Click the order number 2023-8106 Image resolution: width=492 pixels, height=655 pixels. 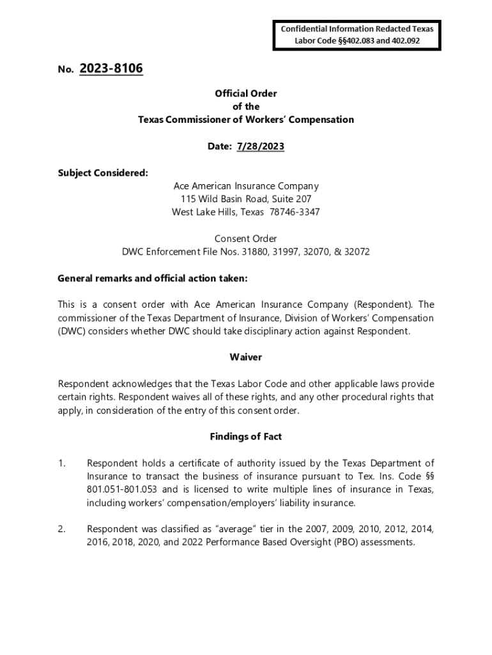point(111,68)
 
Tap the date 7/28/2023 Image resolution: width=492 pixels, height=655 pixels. point(260,146)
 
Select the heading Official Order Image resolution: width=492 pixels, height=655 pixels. point(246,93)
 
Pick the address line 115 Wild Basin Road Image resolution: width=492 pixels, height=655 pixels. point(227,199)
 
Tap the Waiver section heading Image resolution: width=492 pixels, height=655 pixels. point(246,358)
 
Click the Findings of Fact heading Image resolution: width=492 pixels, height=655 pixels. point(246,437)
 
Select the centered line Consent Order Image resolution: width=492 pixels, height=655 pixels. point(246,239)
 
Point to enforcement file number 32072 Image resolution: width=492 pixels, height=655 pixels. point(357,252)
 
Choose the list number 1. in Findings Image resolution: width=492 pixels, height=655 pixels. point(62,463)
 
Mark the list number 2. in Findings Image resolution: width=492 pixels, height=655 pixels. point(62,529)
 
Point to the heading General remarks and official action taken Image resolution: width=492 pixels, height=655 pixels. point(153,278)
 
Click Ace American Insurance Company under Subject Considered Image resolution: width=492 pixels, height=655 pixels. point(246,186)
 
